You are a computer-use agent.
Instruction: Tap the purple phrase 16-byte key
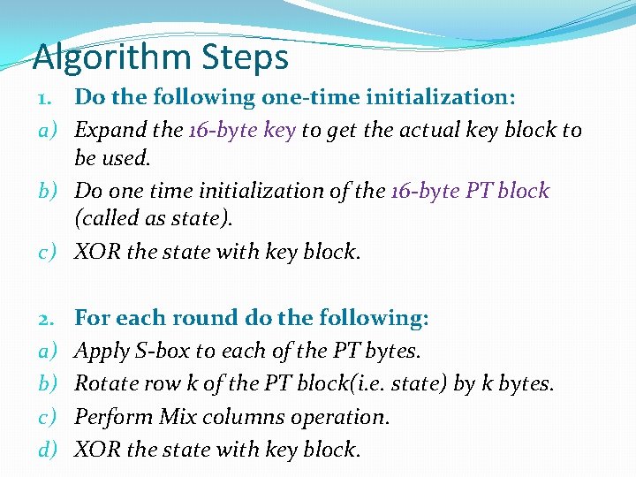pyautogui.click(x=242, y=131)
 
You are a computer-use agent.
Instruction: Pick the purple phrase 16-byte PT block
pyautogui.click(x=470, y=191)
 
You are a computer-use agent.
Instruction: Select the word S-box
pyautogui.click(x=162, y=352)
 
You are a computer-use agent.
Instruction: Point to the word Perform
pyautogui.click(x=113, y=417)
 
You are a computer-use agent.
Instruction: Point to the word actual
pyautogui.click(x=423, y=131)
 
